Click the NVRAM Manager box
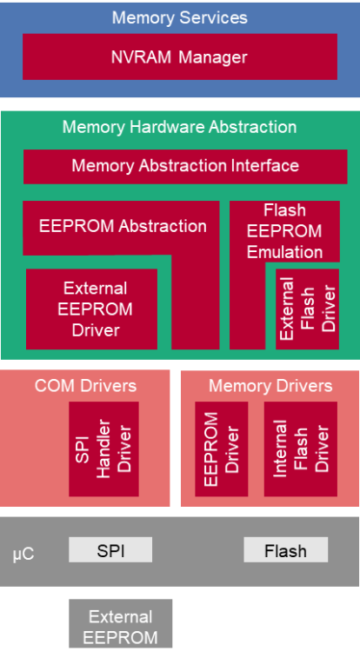click(x=180, y=56)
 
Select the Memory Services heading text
click(x=180, y=17)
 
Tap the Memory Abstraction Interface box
click(x=185, y=167)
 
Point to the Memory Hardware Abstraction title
click(x=180, y=127)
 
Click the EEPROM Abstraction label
click(x=123, y=226)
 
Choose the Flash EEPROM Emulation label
click(x=284, y=231)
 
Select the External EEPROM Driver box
click(x=92, y=309)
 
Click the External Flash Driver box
click(x=307, y=309)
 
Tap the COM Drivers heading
click(x=85, y=386)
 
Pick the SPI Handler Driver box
click(x=103, y=449)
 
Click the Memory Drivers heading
click(x=270, y=386)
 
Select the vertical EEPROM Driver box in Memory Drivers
click(x=222, y=449)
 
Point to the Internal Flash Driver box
click(x=300, y=449)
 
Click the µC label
click(x=23, y=554)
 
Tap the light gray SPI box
click(x=110, y=550)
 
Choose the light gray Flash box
click(x=286, y=550)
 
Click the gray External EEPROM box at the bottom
click(x=120, y=623)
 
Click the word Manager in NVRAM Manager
click(x=213, y=57)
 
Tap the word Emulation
click(x=284, y=252)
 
